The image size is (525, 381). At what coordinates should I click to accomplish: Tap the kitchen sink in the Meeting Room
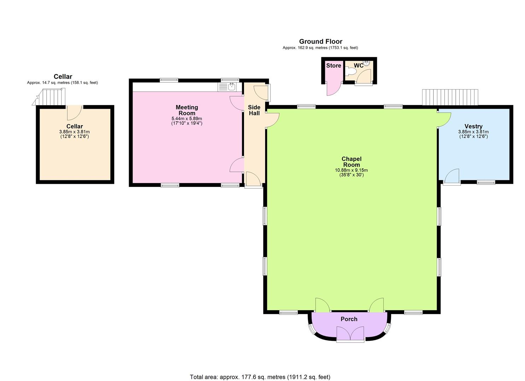click(232, 86)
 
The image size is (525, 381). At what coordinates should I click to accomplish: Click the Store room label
click(333, 66)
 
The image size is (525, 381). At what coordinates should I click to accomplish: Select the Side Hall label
click(254, 110)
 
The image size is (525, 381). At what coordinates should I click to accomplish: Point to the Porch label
click(349, 319)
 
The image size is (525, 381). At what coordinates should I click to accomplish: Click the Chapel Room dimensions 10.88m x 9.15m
click(351, 170)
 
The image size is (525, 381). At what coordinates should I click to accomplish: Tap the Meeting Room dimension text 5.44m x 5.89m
click(187, 119)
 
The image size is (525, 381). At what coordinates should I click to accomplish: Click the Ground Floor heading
click(321, 42)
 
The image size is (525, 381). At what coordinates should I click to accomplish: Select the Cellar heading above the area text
click(63, 77)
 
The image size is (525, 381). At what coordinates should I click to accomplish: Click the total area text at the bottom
click(260, 377)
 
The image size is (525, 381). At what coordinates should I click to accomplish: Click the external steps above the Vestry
click(450, 97)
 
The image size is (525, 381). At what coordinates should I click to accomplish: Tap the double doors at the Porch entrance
click(350, 333)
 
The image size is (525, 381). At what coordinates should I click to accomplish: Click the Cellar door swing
click(74, 113)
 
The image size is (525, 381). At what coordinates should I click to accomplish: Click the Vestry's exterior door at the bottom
click(452, 176)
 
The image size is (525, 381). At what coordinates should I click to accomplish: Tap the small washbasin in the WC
click(367, 64)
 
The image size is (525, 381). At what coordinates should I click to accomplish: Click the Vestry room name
click(473, 126)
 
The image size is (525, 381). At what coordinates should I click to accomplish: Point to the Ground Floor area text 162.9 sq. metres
click(320, 48)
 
